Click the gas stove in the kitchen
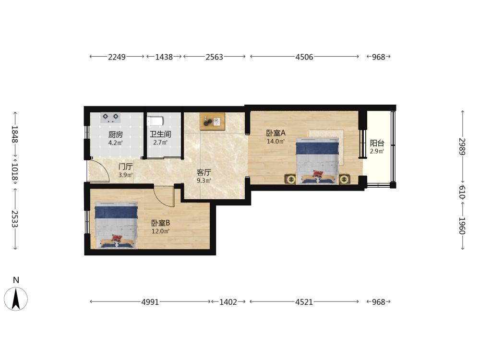pos(110,118)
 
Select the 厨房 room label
pos(115,135)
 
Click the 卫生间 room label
pos(160,134)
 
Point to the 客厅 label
pos(204,173)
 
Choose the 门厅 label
pos(125,167)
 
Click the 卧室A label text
pos(276,133)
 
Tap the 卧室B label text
pos(161,223)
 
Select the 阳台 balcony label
pos(377,143)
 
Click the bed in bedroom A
pos(317,161)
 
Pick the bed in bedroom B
pos(116,225)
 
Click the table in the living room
pos(213,121)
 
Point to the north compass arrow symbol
pos(16,299)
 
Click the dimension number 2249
pos(117,57)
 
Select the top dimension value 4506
pos(304,57)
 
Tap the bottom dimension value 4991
pos(150,302)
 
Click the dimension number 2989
pos(462,146)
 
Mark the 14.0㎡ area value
pos(276,142)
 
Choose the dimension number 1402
pos(228,302)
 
